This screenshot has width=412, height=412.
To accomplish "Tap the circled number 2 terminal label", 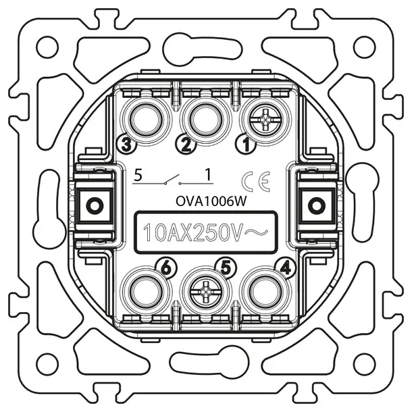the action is pyautogui.click(x=186, y=145).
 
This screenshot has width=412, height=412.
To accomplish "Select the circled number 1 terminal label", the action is pyautogui.click(x=247, y=145).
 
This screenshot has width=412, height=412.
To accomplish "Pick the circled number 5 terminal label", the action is pyautogui.click(x=226, y=268).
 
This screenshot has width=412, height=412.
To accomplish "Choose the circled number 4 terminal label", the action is pyautogui.click(x=286, y=268).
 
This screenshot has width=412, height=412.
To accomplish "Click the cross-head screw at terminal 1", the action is pyautogui.click(x=266, y=120).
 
